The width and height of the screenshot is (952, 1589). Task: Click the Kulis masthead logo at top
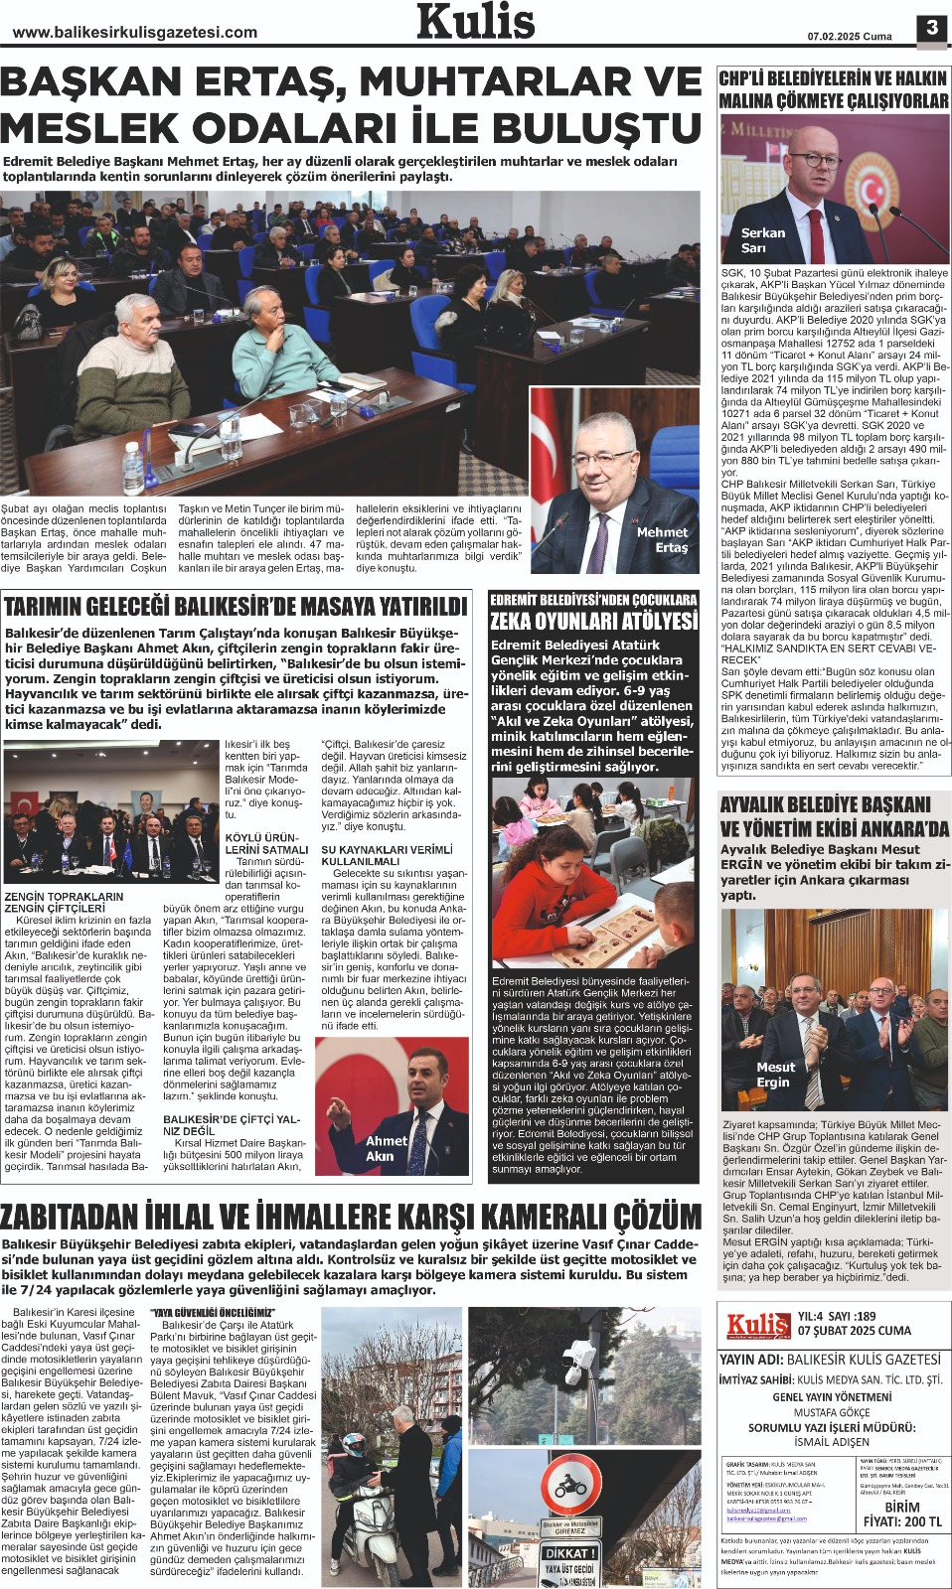475,22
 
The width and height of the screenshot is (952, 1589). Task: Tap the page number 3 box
931,28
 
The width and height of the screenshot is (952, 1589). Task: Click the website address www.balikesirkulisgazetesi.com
135,33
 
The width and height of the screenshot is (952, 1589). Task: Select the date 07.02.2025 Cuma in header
849,37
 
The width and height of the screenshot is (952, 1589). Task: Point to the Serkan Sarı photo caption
762,240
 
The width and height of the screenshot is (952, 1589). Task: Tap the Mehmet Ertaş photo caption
662,539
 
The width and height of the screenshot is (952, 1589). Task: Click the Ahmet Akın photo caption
386,1148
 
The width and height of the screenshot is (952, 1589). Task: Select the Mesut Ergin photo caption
775,1075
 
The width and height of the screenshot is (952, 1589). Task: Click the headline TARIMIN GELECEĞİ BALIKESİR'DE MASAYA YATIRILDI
236,607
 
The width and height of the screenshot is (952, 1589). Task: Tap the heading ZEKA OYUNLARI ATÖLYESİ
593,622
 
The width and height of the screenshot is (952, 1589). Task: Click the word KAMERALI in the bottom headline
524,1216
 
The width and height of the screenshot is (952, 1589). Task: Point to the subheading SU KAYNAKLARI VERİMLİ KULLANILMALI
386,855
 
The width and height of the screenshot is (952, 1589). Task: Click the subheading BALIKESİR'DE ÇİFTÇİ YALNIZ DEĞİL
232,1124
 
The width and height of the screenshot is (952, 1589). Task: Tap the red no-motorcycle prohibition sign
569,1486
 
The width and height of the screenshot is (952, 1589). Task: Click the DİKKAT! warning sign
569,1553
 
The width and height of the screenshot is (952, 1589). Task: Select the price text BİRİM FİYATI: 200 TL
901,1514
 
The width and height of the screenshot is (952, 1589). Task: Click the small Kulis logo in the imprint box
757,1324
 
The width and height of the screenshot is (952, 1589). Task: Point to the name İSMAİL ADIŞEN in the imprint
832,1441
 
